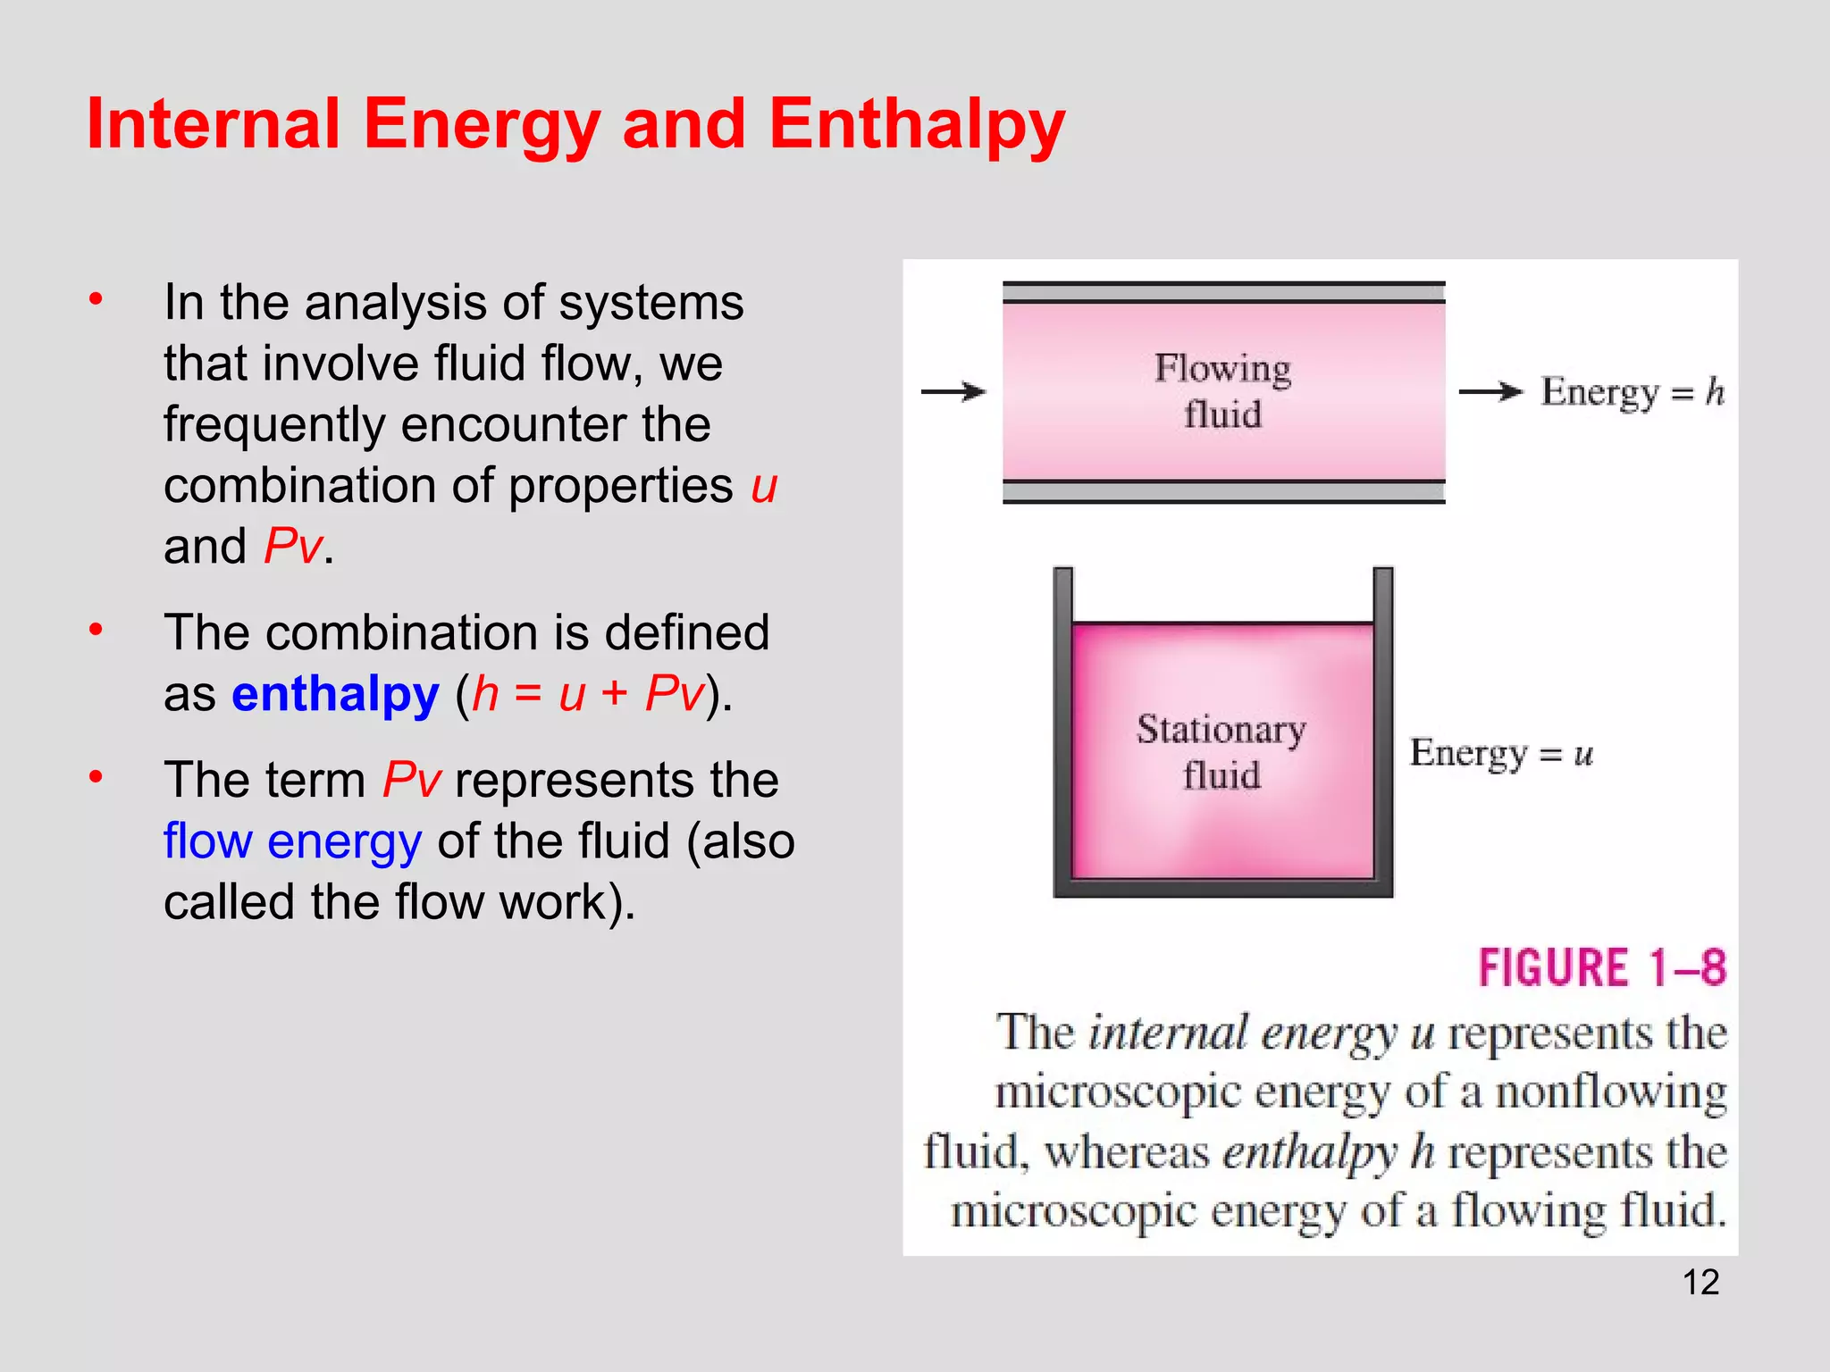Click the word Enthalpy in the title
pos(917,125)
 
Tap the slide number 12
pos(1700,1283)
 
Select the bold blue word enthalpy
pos(335,694)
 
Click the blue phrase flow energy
pos(292,841)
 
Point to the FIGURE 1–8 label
pos(1601,967)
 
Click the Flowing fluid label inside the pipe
pos(1222,391)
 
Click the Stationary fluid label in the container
pos(1221,752)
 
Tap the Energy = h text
pos(1632,392)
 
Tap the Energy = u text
pos(1501,753)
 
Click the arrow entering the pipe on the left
pos(953,391)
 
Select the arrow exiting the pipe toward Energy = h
pos(1490,391)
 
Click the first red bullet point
pos(97,299)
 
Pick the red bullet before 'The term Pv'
pos(97,776)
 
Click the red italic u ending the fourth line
pos(764,487)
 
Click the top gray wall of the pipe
pos(1223,292)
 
